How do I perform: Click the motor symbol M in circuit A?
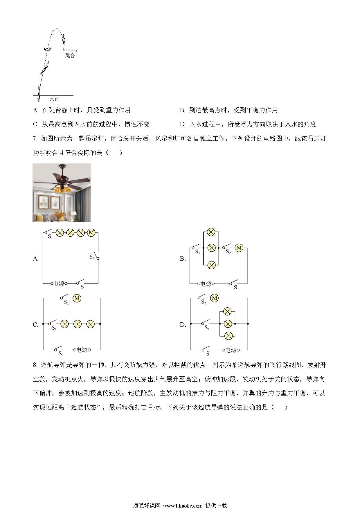(x=91, y=232)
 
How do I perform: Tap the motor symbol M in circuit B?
(x=239, y=248)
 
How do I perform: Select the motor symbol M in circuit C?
(x=77, y=298)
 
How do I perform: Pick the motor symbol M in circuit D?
(x=215, y=298)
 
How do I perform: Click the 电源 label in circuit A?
(x=59, y=283)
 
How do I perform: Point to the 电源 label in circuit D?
(x=231, y=350)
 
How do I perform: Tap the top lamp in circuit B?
(x=211, y=232)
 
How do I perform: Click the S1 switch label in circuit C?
(x=54, y=328)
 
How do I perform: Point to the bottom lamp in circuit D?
(x=228, y=336)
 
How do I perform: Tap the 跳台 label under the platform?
(x=70, y=56)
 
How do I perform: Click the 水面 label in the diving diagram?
(x=55, y=99)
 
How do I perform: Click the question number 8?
(x=35, y=365)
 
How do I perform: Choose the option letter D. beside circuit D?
(x=183, y=325)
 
